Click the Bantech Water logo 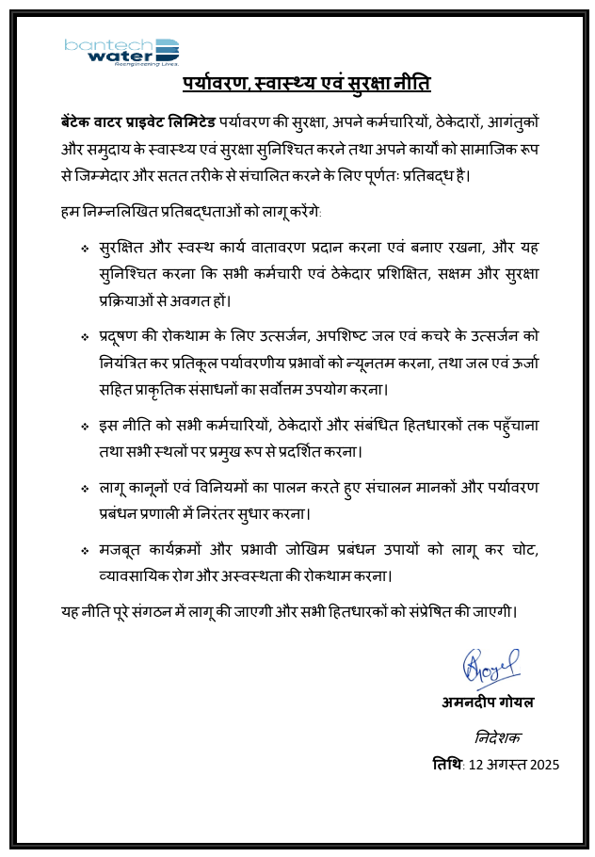pyautogui.click(x=121, y=52)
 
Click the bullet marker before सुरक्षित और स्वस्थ pyautogui.click(x=85, y=250)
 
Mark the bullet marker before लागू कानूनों pyautogui.click(x=85, y=488)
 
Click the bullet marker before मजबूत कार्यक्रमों pyautogui.click(x=85, y=550)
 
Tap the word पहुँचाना pyautogui.click(x=517, y=425)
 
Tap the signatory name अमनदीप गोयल pyautogui.click(x=488, y=703)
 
